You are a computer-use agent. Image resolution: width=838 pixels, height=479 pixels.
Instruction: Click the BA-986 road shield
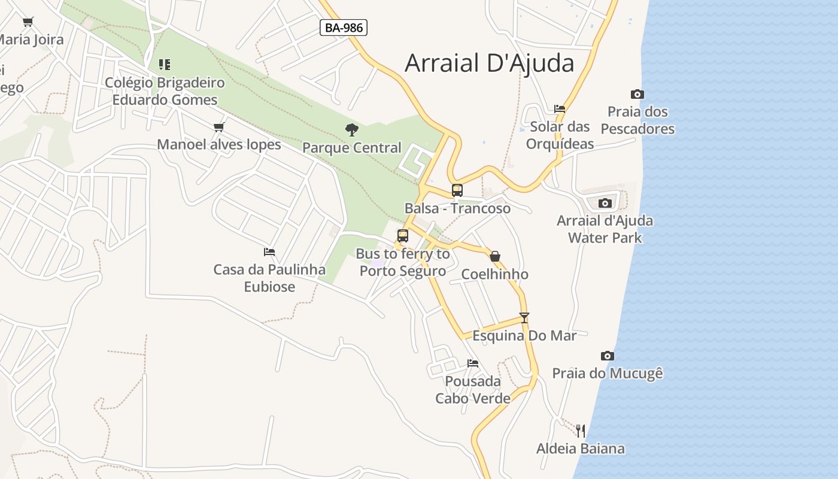point(343,28)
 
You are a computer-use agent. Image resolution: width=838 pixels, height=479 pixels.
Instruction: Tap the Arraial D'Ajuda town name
point(489,63)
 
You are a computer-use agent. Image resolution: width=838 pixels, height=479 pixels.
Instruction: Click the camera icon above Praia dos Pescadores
point(637,94)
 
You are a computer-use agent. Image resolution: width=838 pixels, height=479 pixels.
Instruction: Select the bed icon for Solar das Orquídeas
point(560,109)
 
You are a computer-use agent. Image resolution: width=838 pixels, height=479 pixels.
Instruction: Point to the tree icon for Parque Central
point(352,129)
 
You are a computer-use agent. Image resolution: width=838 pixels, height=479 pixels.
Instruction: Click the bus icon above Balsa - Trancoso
point(457,190)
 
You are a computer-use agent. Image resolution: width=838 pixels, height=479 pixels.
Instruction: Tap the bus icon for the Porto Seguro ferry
point(403,236)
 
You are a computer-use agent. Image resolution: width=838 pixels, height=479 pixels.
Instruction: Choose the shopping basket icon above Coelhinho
point(495,256)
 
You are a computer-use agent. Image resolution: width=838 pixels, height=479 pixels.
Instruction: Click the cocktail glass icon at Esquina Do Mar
point(524,317)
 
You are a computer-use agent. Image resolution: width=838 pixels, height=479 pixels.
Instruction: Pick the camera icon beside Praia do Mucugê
point(608,356)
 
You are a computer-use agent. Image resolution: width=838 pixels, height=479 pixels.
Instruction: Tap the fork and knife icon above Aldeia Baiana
point(580,431)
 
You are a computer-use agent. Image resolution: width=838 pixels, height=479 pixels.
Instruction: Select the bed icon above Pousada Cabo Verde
point(473,363)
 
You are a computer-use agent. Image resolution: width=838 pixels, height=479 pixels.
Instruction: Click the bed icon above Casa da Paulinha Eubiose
point(269,252)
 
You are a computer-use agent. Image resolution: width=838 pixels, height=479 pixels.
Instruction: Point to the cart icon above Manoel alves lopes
point(219,127)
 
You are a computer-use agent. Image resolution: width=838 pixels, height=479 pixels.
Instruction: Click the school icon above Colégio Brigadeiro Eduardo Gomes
point(165,65)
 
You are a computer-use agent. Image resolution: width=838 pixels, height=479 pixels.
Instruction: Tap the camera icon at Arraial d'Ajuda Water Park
point(605,203)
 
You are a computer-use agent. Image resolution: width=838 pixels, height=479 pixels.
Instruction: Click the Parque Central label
point(352,148)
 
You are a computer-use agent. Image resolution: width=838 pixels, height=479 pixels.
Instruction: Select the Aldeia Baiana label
point(580,448)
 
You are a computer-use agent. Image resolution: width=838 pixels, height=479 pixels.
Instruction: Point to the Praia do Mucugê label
point(608,374)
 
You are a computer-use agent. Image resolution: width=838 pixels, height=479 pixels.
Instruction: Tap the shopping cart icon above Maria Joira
point(28,22)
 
